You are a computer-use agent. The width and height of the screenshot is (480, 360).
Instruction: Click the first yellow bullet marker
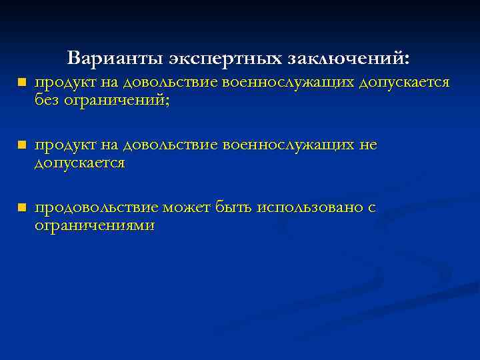[21, 83]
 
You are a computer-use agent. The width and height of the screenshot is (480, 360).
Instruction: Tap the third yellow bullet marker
[21, 209]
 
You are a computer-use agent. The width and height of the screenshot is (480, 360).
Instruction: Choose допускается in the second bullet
[80, 163]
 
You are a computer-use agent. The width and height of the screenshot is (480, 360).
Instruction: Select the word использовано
[306, 208]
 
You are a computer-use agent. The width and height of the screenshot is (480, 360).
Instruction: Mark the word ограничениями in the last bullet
[95, 226]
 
